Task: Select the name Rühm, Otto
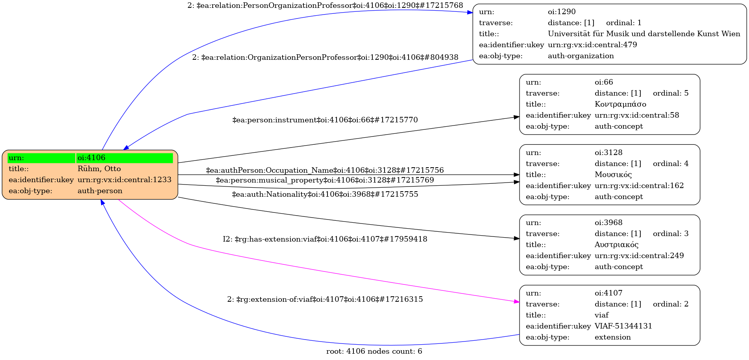pyautogui.click(x=99, y=169)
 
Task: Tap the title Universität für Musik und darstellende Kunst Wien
pyautogui.click(x=644, y=34)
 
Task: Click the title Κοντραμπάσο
pyautogui.click(x=620, y=104)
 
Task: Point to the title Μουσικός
pyautogui.click(x=613, y=175)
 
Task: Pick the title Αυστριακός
pyautogui.click(x=616, y=245)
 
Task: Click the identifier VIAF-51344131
pyautogui.click(x=623, y=326)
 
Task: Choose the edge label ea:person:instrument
pyautogui.click(x=325, y=120)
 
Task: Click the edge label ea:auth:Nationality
pyautogui.click(x=325, y=194)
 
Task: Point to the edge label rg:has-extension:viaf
pyautogui.click(x=325, y=239)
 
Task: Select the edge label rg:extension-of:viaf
pyautogui.click(x=325, y=299)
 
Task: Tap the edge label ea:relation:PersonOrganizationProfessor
pyautogui.click(x=325, y=6)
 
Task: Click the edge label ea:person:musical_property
pyautogui.click(x=325, y=180)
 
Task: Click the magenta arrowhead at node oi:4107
pyautogui.click(x=516, y=302)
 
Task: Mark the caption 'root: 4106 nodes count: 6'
pyautogui.click(x=374, y=351)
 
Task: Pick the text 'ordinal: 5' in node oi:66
pyautogui.click(x=671, y=93)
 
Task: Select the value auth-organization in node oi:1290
pyautogui.click(x=581, y=56)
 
